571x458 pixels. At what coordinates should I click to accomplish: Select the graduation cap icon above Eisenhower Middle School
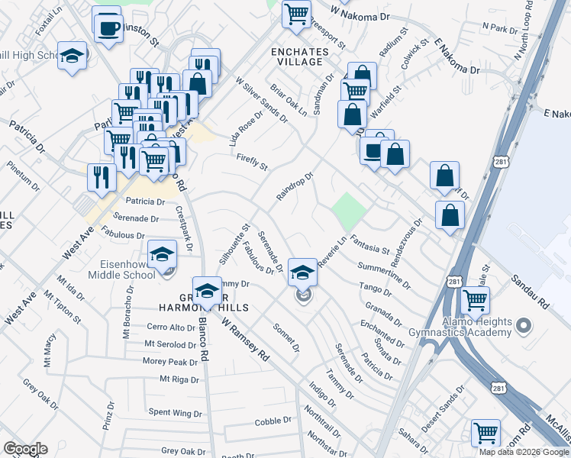point(162,255)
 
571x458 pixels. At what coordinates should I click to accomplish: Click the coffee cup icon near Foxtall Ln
point(108,29)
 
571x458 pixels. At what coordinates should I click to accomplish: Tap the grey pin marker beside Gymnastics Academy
point(523,327)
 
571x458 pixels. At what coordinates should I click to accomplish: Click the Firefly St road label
point(252,162)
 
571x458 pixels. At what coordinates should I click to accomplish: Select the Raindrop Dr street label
point(295,187)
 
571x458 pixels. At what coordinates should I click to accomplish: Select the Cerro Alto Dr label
point(171,327)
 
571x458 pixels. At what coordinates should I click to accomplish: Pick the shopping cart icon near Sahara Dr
point(485,432)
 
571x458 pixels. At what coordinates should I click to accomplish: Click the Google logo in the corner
point(25,449)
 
